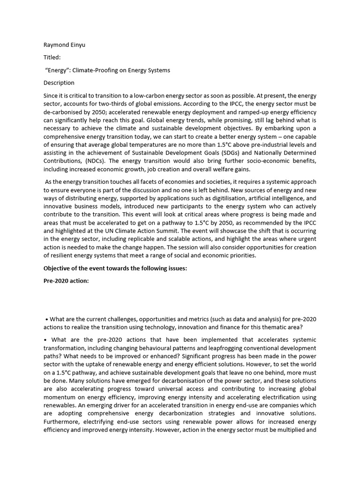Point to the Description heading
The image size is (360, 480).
[59, 82]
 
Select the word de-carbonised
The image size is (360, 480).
[62, 112]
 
